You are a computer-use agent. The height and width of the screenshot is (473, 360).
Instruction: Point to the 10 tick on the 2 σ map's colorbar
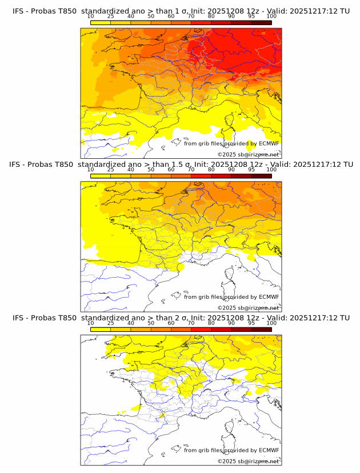[90, 328]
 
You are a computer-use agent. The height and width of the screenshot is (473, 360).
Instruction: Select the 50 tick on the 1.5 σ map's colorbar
[151, 175]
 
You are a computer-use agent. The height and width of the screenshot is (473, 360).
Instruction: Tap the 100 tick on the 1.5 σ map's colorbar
[271, 175]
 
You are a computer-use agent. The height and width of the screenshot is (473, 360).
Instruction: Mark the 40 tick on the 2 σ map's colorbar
[131, 328]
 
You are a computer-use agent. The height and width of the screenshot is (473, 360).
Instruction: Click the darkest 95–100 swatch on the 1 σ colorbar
[261, 22]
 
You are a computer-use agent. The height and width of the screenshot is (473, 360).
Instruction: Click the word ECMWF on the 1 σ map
[269, 143]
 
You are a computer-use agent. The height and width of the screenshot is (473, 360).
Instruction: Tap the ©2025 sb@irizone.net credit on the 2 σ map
[248, 461]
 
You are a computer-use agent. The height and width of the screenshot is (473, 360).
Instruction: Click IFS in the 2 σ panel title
[18, 318]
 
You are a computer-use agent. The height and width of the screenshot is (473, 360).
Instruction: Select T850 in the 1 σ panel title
[64, 11]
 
